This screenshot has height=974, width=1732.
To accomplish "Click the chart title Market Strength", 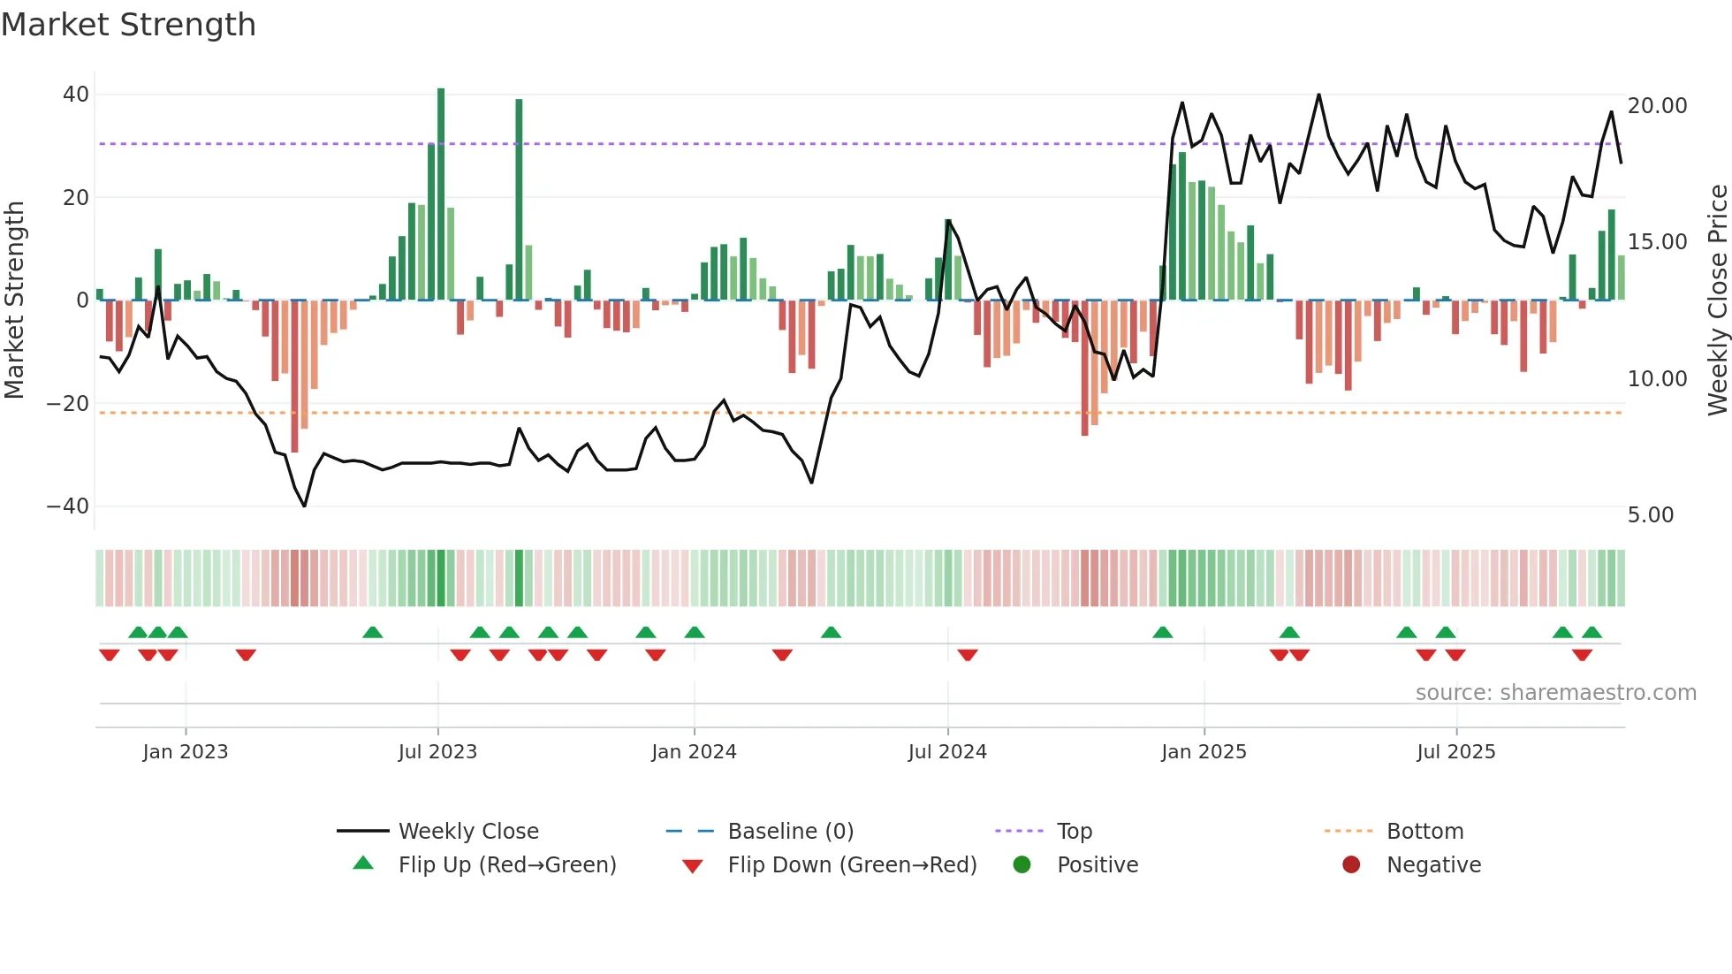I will point(128,25).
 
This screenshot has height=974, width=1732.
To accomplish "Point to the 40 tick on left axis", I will point(76,95).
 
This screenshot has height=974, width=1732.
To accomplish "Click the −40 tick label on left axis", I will point(68,506).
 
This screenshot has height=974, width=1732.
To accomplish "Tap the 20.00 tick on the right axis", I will point(1657,106).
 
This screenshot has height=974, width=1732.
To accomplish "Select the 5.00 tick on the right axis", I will point(1650,515).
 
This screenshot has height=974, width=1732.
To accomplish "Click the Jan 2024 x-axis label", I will point(694,752).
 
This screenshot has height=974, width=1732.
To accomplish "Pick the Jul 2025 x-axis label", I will point(1455,752).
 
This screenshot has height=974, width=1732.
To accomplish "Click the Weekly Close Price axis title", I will point(1717,301).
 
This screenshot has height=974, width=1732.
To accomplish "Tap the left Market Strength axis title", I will point(15,301).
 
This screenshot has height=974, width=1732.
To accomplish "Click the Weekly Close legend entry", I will point(467,832).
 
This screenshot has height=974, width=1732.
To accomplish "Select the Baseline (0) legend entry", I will point(790,832).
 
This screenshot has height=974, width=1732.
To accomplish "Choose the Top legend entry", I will point(1074,832).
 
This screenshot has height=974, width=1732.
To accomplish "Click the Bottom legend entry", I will point(1424,832).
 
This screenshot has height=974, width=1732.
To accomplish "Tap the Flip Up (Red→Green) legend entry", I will point(506,865).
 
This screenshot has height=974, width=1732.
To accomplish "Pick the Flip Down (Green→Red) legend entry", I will point(852,865).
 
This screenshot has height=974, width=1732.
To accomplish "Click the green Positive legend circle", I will point(1022,864).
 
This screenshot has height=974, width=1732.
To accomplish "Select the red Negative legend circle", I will point(1351,864).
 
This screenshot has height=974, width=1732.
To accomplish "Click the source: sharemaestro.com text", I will point(1555,693).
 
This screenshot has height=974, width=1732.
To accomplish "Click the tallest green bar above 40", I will point(441,194).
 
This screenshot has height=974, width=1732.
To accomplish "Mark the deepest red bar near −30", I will point(294,376).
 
